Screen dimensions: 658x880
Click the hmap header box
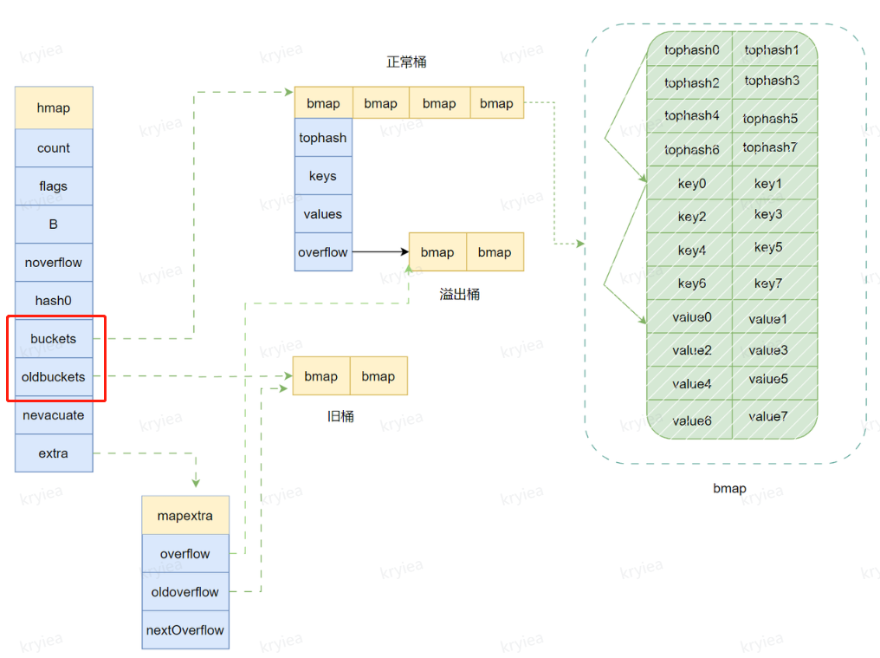click(54, 108)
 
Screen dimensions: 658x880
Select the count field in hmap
click(54, 148)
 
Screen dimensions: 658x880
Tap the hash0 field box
click(54, 301)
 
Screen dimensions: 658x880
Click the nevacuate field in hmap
click(54, 415)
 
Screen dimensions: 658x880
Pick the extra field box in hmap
click(54, 453)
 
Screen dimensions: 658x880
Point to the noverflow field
click(54, 263)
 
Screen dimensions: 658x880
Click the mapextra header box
click(185, 516)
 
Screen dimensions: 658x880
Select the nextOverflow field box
click(185, 630)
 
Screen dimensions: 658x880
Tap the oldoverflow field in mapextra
click(185, 592)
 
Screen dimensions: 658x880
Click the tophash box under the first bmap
click(323, 138)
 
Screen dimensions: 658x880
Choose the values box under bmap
click(323, 214)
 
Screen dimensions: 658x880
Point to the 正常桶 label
click(406, 62)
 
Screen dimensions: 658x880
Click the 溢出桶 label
click(460, 295)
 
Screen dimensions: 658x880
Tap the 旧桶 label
click(340, 417)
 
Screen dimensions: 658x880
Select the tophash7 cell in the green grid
click(769, 147)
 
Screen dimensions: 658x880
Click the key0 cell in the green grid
click(691, 184)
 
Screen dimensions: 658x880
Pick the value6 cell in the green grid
click(691, 420)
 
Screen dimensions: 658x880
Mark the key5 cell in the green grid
click(768, 248)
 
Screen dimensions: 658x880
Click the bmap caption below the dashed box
click(729, 488)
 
